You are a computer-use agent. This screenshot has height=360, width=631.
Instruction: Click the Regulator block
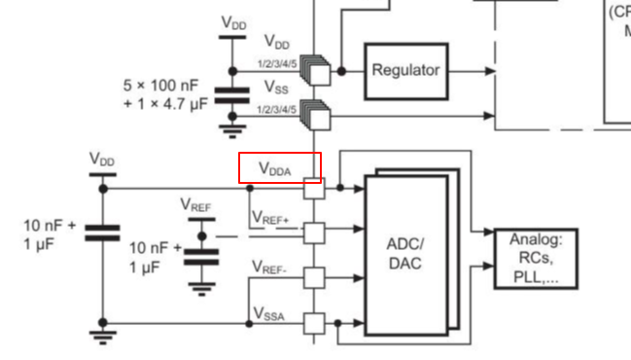click(x=405, y=71)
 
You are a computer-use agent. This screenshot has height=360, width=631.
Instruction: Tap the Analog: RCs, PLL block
click(x=536, y=259)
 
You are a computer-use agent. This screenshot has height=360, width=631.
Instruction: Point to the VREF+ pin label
click(x=270, y=218)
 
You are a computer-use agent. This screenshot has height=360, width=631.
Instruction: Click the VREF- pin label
click(x=270, y=266)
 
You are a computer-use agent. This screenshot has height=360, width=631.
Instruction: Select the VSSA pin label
click(x=270, y=311)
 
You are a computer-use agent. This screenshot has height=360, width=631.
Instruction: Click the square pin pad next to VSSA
click(x=313, y=323)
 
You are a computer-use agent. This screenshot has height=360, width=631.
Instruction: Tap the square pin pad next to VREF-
click(x=313, y=278)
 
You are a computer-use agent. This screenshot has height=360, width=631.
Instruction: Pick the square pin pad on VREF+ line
click(x=313, y=233)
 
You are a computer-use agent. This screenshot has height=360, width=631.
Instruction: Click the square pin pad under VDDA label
click(x=313, y=188)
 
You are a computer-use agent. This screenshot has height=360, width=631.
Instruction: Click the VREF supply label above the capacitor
click(x=196, y=205)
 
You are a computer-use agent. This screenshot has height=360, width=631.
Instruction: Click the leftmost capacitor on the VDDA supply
click(x=102, y=233)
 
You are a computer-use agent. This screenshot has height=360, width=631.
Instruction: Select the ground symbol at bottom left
click(x=102, y=337)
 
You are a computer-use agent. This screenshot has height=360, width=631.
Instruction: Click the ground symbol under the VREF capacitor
click(x=201, y=287)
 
